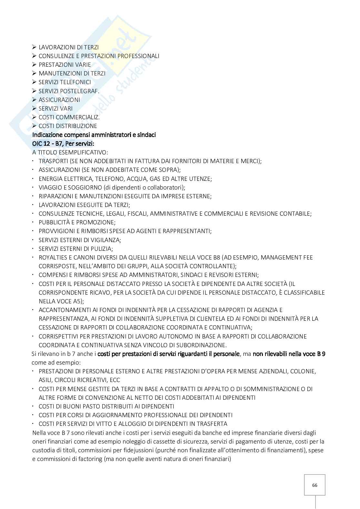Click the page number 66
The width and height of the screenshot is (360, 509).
click(315, 485)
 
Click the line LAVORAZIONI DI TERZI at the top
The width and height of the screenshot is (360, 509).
click(68, 47)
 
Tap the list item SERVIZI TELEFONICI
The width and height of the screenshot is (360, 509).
click(65, 82)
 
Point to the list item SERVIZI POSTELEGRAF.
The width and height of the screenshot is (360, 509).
click(69, 91)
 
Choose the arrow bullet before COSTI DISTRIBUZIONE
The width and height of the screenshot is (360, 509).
click(35, 126)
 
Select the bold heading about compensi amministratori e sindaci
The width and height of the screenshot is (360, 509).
click(94, 135)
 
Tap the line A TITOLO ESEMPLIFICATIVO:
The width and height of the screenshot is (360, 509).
click(70, 152)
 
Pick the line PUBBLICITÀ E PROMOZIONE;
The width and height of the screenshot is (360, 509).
click(77, 222)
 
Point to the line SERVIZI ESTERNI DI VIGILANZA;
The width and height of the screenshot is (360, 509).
click(80, 240)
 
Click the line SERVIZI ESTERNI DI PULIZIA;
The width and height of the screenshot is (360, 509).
click(75, 249)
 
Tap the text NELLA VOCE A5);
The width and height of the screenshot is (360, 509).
click(61, 301)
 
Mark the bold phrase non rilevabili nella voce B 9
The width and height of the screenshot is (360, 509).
click(289, 354)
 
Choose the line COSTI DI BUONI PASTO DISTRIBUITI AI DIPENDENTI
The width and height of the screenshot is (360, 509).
click(106, 406)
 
